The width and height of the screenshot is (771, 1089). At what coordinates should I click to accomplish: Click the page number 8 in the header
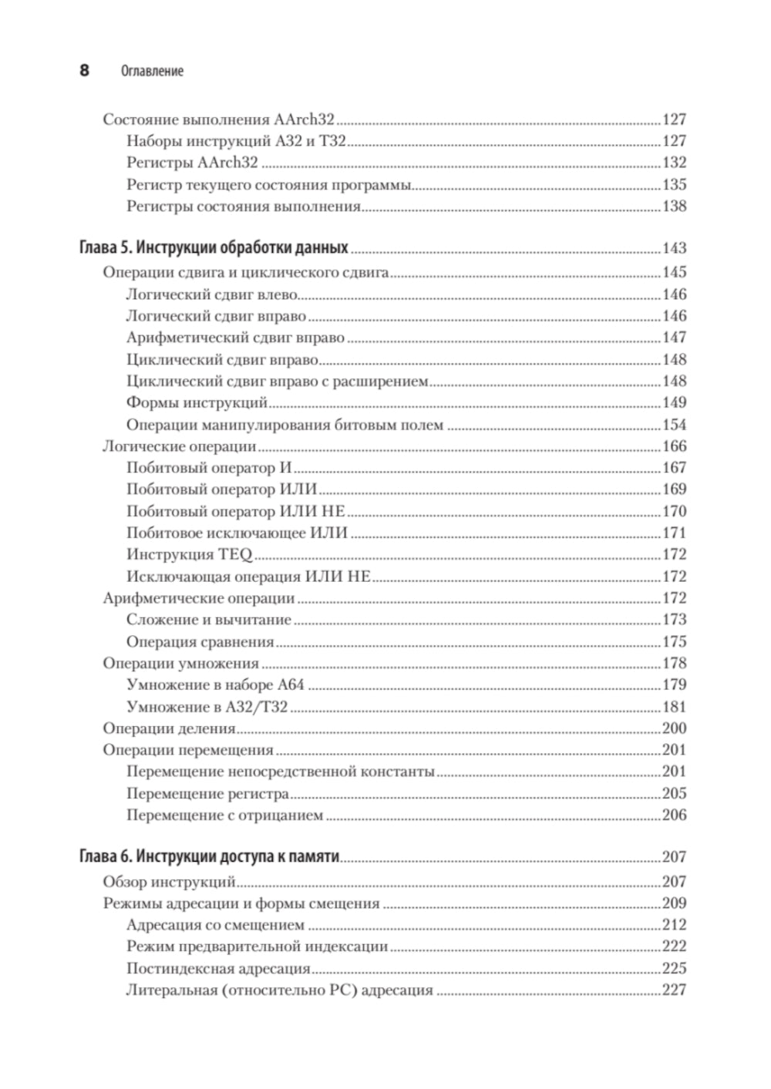pos(84,71)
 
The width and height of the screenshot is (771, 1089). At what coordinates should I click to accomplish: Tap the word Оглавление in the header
pos(153,72)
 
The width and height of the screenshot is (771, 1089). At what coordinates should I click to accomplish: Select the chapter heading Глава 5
pos(214,248)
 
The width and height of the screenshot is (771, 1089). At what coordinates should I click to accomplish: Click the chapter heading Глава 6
pos(209,856)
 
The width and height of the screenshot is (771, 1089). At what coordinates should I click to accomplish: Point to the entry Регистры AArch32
pos(191,163)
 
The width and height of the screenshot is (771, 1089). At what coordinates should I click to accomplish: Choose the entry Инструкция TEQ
pos(190,554)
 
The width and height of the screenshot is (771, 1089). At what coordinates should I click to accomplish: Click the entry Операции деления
pos(169,728)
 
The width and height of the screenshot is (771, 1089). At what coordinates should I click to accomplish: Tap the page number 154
pos(674,425)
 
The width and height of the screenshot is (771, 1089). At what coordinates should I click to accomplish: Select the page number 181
pos(674,707)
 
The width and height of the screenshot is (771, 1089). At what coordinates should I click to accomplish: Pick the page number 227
pos(674,990)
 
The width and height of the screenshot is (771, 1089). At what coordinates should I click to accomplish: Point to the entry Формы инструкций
pos(197,402)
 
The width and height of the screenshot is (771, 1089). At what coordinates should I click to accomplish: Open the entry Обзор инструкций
pos(169,882)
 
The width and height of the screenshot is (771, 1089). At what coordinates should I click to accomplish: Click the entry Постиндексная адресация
pos(218,969)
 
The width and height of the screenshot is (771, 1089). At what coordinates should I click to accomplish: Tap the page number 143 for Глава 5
pos(674,248)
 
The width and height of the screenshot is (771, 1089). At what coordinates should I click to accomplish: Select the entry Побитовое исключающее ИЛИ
pos(237,533)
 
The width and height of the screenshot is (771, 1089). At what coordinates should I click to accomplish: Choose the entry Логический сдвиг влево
pos(212,294)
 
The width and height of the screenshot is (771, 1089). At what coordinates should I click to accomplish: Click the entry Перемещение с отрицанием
pos(224,815)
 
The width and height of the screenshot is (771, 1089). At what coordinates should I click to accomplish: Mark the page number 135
pos(674,185)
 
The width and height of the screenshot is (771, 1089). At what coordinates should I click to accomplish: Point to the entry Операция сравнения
pos(200,641)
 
